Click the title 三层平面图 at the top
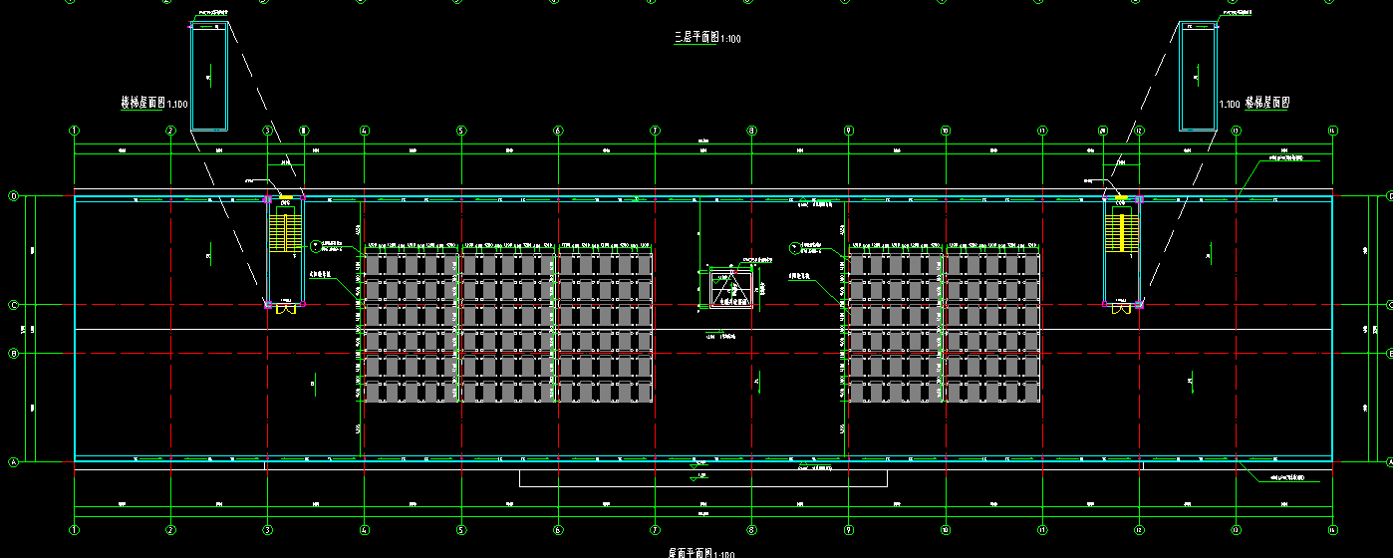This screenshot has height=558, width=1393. tap(696, 37)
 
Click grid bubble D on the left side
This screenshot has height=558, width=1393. tap(14, 196)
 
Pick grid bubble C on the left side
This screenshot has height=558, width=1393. tap(14, 305)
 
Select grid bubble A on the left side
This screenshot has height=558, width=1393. tap(14, 462)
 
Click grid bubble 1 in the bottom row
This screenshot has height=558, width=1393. tap(74, 530)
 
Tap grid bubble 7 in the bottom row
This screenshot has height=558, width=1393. tap(655, 530)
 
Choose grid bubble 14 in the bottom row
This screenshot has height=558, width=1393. tap(1332, 530)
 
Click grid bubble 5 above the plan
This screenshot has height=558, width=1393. tap(461, 131)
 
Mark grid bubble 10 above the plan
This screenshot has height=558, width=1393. tap(945, 131)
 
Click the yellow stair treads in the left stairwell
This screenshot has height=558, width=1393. tap(286, 234)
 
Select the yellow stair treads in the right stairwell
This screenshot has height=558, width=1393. tap(1122, 234)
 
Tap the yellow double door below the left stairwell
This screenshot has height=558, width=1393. tap(286, 309)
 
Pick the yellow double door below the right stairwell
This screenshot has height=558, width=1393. tap(1122, 309)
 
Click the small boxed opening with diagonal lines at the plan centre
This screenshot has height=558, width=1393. tap(730, 289)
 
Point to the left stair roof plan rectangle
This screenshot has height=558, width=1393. tap(209, 76)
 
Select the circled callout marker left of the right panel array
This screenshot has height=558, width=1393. tap(795, 246)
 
